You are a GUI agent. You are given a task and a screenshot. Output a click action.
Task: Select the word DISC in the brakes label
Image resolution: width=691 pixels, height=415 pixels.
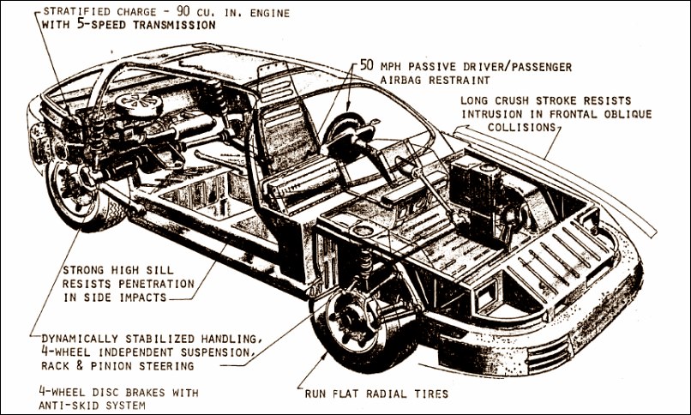95,393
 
